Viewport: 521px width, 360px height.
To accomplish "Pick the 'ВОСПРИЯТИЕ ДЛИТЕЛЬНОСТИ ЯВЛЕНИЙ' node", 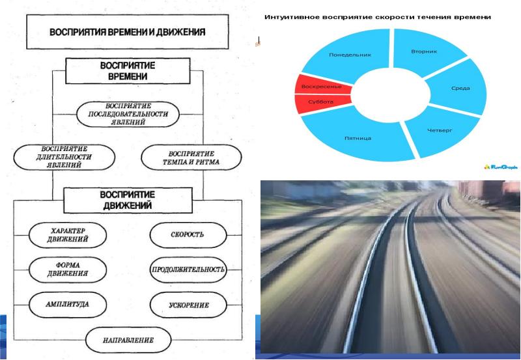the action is tap(64, 156).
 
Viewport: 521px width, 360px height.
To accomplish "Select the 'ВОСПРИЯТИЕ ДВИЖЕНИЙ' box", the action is tap(125, 200).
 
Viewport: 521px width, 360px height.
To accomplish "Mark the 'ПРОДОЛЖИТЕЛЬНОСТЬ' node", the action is tap(188, 269).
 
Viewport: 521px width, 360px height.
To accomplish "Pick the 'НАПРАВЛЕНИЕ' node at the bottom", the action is tap(128, 340).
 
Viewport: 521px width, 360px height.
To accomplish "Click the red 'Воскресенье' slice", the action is tap(318, 87).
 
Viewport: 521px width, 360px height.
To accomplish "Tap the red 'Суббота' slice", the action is tap(320, 102).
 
